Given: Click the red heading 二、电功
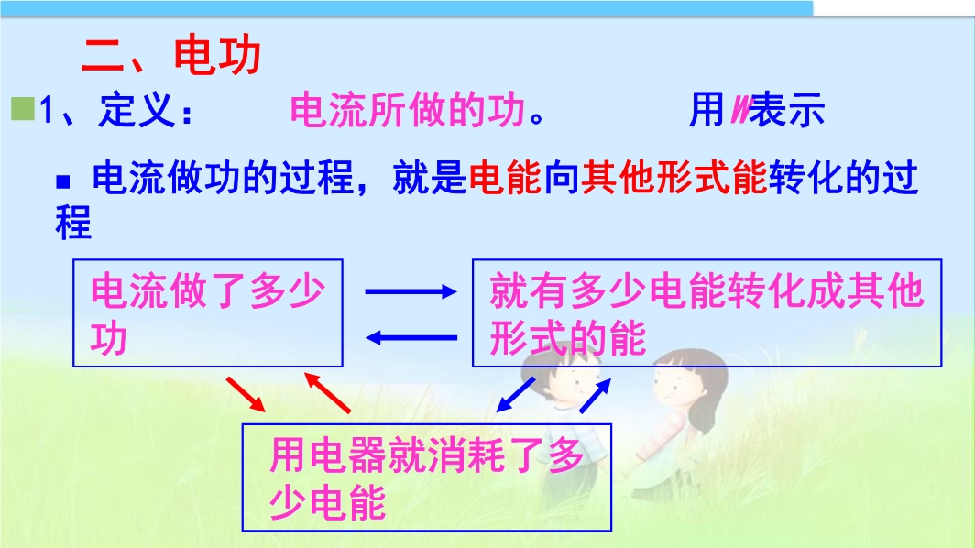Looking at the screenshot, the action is click(x=171, y=55).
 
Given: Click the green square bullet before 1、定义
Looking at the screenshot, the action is click(x=23, y=109).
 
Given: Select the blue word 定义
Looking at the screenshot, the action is click(x=137, y=109).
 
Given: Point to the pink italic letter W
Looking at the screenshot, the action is click(x=740, y=110).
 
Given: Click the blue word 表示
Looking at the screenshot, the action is click(x=787, y=110).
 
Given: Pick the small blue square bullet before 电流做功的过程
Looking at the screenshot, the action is click(x=63, y=181).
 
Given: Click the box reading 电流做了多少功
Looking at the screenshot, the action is click(x=208, y=312).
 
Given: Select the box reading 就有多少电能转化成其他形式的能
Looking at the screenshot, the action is click(x=707, y=312).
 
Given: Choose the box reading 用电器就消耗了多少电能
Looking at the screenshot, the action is click(x=427, y=477).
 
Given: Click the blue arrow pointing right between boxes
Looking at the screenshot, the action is click(x=411, y=291).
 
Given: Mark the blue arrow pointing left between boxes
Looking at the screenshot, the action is click(x=411, y=338).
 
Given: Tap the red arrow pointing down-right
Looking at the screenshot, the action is click(x=246, y=394).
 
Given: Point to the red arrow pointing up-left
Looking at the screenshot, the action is click(x=327, y=392).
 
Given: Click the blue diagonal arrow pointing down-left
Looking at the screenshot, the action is click(x=516, y=394).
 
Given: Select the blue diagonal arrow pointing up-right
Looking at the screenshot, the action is click(x=595, y=395).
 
